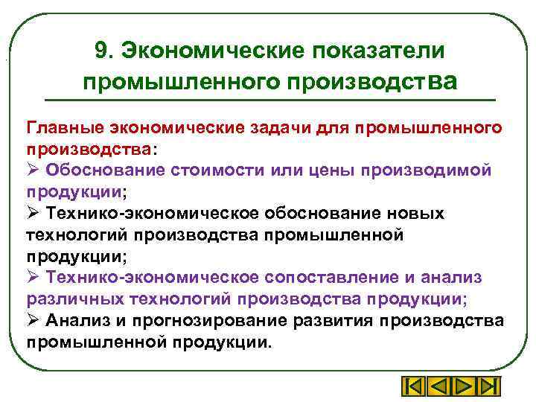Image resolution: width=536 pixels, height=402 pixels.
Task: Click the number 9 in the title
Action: click(x=101, y=51)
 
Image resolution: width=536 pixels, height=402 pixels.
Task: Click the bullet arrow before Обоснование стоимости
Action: click(x=33, y=170)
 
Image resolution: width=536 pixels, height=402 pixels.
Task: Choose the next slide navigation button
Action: click(x=462, y=387)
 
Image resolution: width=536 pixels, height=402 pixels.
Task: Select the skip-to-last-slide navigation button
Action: click(x=487, y=387)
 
